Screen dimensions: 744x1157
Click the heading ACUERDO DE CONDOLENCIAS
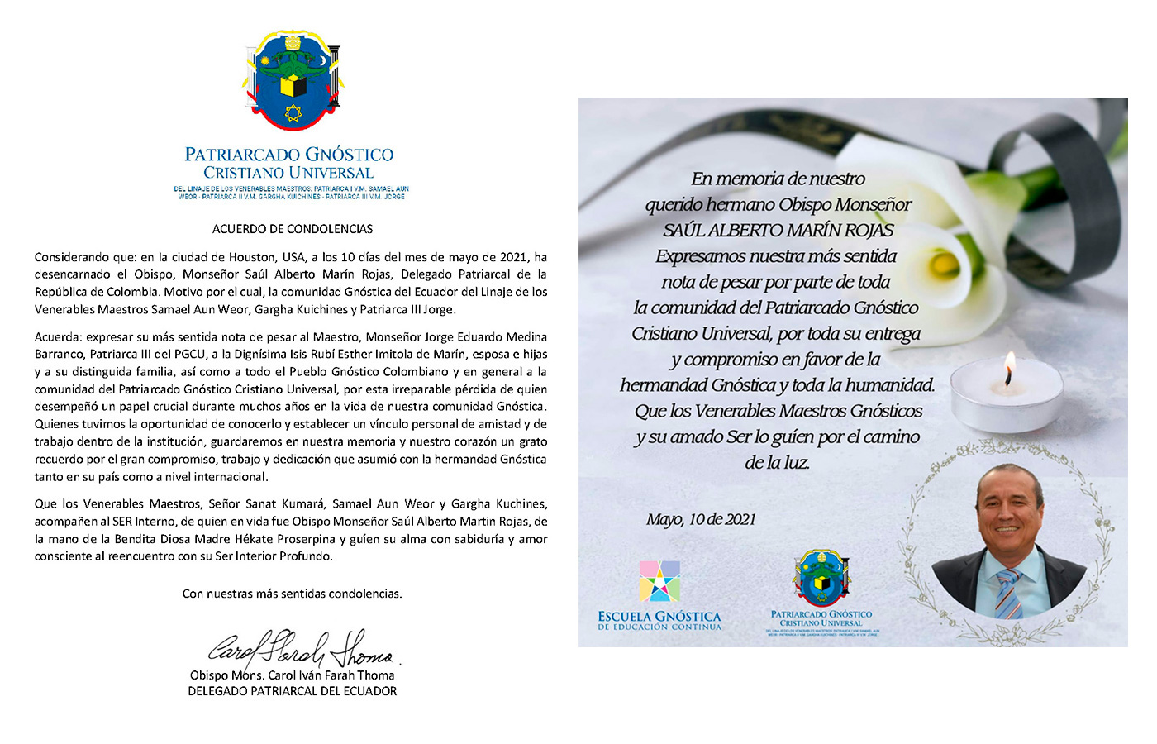click(x=292, y=229)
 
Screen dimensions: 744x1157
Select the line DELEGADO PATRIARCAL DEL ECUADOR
click(x=292, y=691)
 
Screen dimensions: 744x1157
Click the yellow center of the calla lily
click(x=944, y=265)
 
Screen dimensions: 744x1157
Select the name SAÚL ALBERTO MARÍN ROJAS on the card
click(x=778, y=231)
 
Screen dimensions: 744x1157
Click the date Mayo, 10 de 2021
click(x=701, y=519)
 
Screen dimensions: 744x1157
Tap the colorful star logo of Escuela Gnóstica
click(x=659, y=581)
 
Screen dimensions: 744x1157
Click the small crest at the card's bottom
click(x=821, y=578)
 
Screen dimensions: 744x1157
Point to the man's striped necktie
click(x=1009, y=593)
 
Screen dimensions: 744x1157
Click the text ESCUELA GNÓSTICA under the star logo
click(x=659, y=617)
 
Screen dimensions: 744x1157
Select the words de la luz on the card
click(x=776, y=463)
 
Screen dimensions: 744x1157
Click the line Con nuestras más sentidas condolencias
click(x=292, y=594)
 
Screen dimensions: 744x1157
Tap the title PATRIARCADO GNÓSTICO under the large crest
click(x=288, y=155)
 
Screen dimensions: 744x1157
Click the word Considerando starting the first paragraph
click(x=70, y=257)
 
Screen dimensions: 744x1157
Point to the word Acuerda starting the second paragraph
click(x=57, y=336)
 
